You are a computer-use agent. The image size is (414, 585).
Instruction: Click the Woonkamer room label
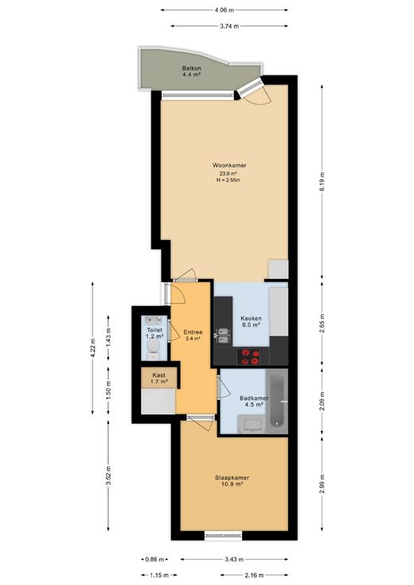click(x=229, y=165)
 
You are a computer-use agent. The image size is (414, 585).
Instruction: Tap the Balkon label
click(x=192, y=68)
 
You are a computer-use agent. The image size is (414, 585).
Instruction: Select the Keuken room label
click(x=251, y=319)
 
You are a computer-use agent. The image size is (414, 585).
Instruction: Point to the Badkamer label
click(x=254, y=398)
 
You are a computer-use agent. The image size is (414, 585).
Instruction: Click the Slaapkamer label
click(x=232, y=478)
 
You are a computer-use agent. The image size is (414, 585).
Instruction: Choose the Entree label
click(x=193, y=332)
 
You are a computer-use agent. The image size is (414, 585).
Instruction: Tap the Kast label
click(x=158, y=375)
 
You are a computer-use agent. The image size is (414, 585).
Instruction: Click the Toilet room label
click(x=154, y=330)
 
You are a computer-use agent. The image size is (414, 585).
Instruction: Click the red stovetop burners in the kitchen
click(x=250, y=357)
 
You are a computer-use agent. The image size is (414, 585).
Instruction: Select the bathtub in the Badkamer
click(x=277, y=402)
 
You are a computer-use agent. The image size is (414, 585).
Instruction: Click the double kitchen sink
click(x=223, y=335)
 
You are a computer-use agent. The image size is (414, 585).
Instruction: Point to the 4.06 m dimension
click(x=225, y=10)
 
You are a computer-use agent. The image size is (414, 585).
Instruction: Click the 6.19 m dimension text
click(x=322, y=181)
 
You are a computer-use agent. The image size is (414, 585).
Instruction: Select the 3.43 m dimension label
click(x=234, y=560)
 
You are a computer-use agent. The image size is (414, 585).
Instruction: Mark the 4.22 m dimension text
click(x=92, y=347)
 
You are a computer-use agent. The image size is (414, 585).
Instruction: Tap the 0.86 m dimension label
click(x=154, y=560)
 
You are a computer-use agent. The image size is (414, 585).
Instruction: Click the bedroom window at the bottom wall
click(x=223, y=536)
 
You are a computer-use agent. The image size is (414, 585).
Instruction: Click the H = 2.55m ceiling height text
click(x=228, y=180)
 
